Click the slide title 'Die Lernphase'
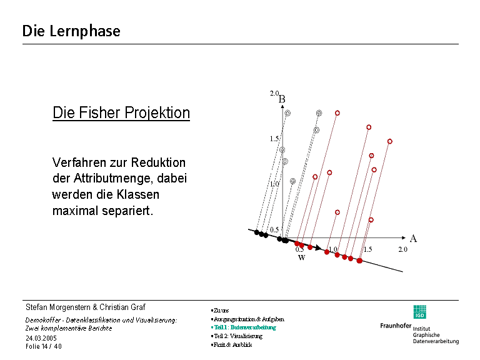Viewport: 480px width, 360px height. tap(71, 31)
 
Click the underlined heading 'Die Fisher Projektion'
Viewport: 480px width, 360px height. tap(121, 113)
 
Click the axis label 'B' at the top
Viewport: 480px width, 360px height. tap(282, 99)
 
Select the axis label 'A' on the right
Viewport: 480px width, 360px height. tap(413, 238)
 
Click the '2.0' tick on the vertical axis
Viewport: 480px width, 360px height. tap(274, 93)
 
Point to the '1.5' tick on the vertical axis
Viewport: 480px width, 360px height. tap(274, 139)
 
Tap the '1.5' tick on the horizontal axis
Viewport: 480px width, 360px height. tap(367, 249)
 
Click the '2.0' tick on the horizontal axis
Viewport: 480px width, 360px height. tap(402, 249)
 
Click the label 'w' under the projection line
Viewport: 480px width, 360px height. tap(301, 257)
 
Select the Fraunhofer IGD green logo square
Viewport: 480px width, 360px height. tap(419, 312)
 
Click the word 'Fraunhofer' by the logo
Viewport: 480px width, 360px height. tap(395, 326)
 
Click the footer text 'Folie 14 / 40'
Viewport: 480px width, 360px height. tap(44, 346)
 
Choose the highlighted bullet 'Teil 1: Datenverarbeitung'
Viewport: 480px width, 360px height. tap(244, 327)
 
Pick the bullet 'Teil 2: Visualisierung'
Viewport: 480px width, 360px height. tap(238, 336)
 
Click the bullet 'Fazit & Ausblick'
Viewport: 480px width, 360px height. tap(232, 344)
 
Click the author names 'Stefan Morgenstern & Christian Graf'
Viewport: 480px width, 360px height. tap(85, 307)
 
